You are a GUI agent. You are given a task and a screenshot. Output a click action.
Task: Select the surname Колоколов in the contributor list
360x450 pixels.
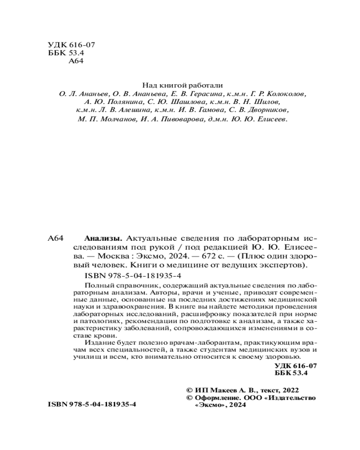coord(286,95)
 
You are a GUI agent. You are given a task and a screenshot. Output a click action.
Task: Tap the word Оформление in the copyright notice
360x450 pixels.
coord(215,398)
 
